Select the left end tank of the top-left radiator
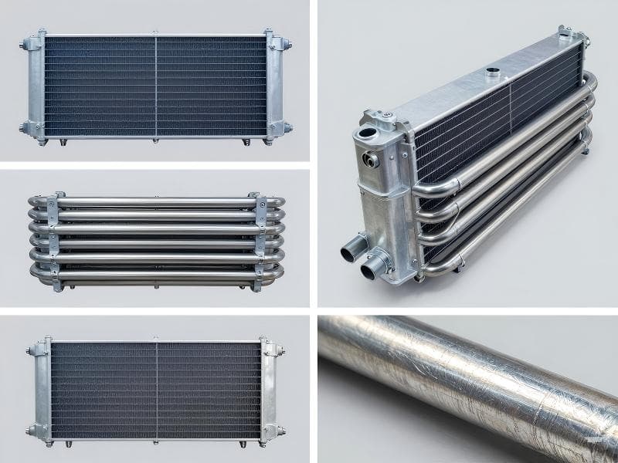tap(37, 86)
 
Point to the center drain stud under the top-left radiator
tap(155, 140)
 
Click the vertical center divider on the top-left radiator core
tap(156, 86)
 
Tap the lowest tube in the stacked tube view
tap(154, 275)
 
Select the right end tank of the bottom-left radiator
tap(270, 390)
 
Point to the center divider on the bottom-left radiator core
tap(156, 390)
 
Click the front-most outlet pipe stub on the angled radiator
tap(374, 269)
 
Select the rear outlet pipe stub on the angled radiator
tap(349, 252)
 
